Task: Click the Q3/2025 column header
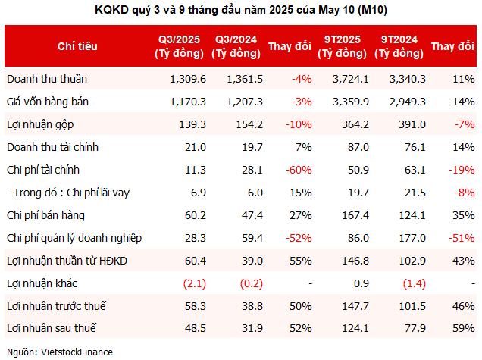coord(179,46)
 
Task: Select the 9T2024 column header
coord(398,46)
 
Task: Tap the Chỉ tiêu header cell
coord(77,46)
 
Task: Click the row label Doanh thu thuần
coord(45,78)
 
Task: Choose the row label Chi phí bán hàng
coord(42,214)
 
